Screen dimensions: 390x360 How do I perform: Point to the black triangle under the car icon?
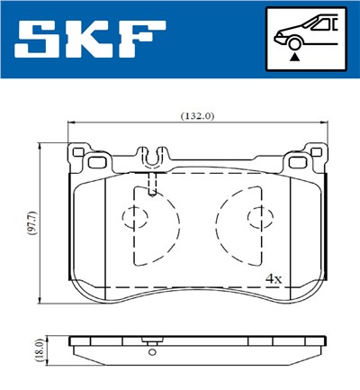(x=293, y=57)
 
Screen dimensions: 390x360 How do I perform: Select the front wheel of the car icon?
(x=292, y=43)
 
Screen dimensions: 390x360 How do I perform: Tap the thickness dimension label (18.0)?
(x=33, y=351)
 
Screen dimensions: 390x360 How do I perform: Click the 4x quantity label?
(x=274, y=279)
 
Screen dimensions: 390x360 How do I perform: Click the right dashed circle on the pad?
(x=256, y=216)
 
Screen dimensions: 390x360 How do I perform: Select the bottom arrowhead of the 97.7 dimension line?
(x=41, y=300)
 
